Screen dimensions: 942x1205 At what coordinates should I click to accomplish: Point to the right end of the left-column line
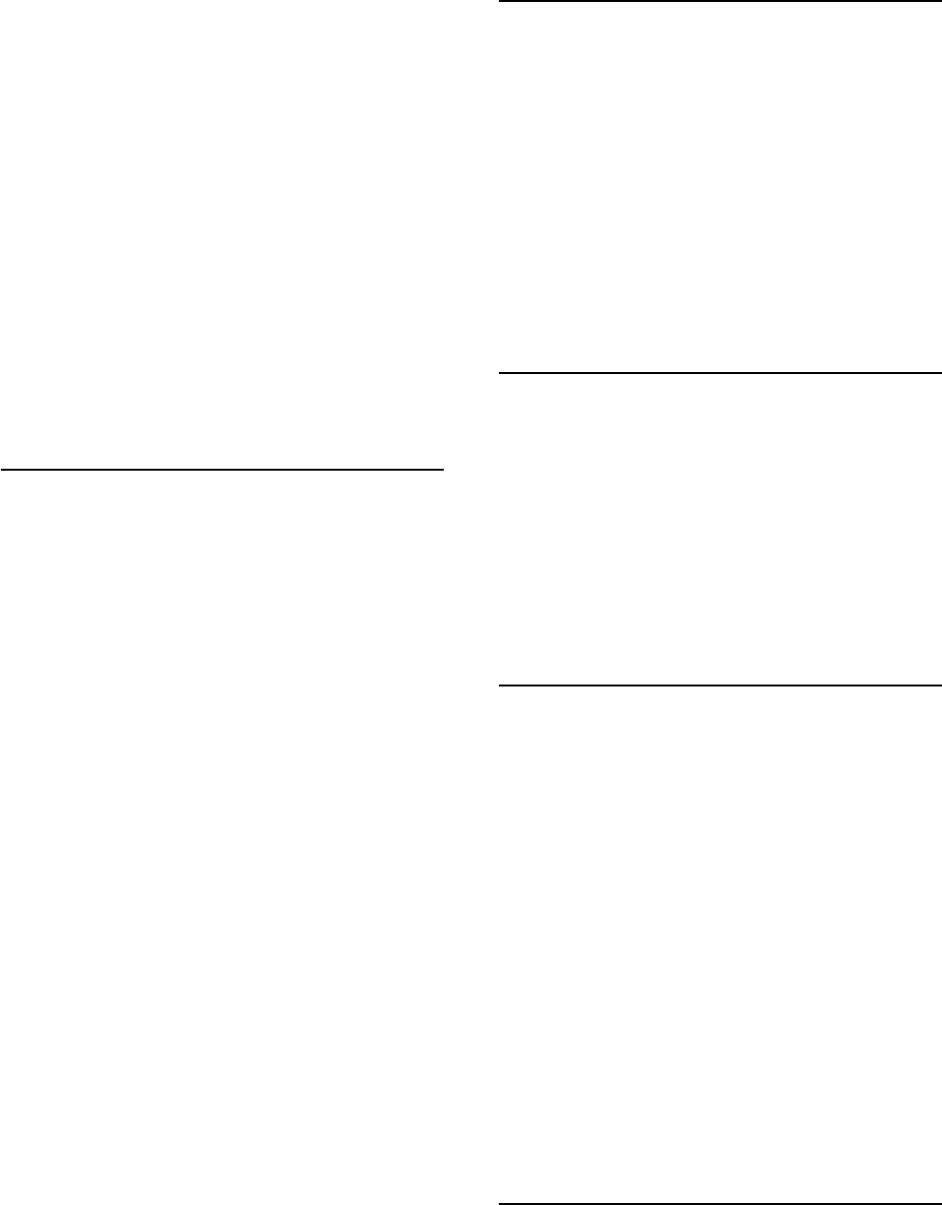pos(444,470)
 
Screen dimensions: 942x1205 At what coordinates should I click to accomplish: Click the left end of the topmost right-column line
pos(500,1)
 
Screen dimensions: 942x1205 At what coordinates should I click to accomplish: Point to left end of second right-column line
pos(500,372)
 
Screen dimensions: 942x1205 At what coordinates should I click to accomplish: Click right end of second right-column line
pos(941,372)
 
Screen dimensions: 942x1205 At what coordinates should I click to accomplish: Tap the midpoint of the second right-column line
pos(720,372)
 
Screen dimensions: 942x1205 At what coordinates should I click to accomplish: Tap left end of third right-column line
pos(500,686)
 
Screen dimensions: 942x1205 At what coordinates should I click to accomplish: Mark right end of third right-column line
pos(941,686)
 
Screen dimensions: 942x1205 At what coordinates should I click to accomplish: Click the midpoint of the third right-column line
pos(720,686)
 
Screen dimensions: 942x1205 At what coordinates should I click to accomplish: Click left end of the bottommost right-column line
pos(500,1203)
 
